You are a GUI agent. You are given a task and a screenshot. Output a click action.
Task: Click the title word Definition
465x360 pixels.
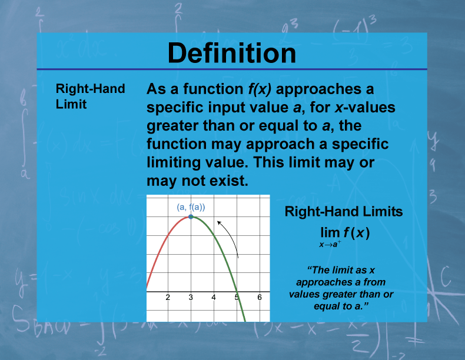232,53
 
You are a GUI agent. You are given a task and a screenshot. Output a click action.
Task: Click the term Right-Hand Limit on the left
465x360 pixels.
90,96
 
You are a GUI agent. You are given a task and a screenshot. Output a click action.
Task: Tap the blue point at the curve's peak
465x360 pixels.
191,217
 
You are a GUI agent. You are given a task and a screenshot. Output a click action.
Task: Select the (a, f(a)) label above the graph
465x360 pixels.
191,206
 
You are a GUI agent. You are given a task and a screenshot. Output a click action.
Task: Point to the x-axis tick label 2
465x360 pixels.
168,298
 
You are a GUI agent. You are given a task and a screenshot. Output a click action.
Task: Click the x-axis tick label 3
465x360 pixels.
191,298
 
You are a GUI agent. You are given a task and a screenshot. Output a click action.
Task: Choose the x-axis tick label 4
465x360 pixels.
214,298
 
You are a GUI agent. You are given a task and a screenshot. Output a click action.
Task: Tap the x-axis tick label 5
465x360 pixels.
237,298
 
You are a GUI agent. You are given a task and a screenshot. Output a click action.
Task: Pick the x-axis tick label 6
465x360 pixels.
260,298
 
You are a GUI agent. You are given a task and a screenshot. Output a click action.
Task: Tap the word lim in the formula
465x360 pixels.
330,233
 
